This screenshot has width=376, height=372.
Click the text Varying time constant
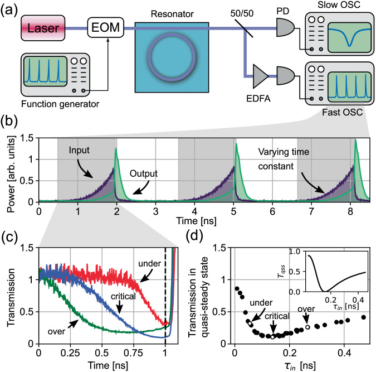[287, 158]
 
